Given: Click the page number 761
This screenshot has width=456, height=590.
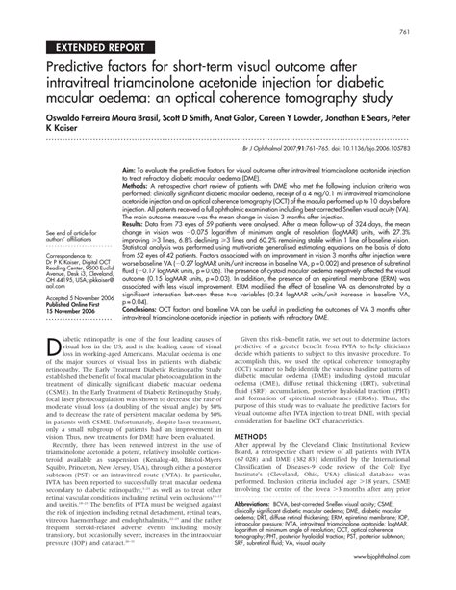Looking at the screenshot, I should [x=433, y=8].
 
